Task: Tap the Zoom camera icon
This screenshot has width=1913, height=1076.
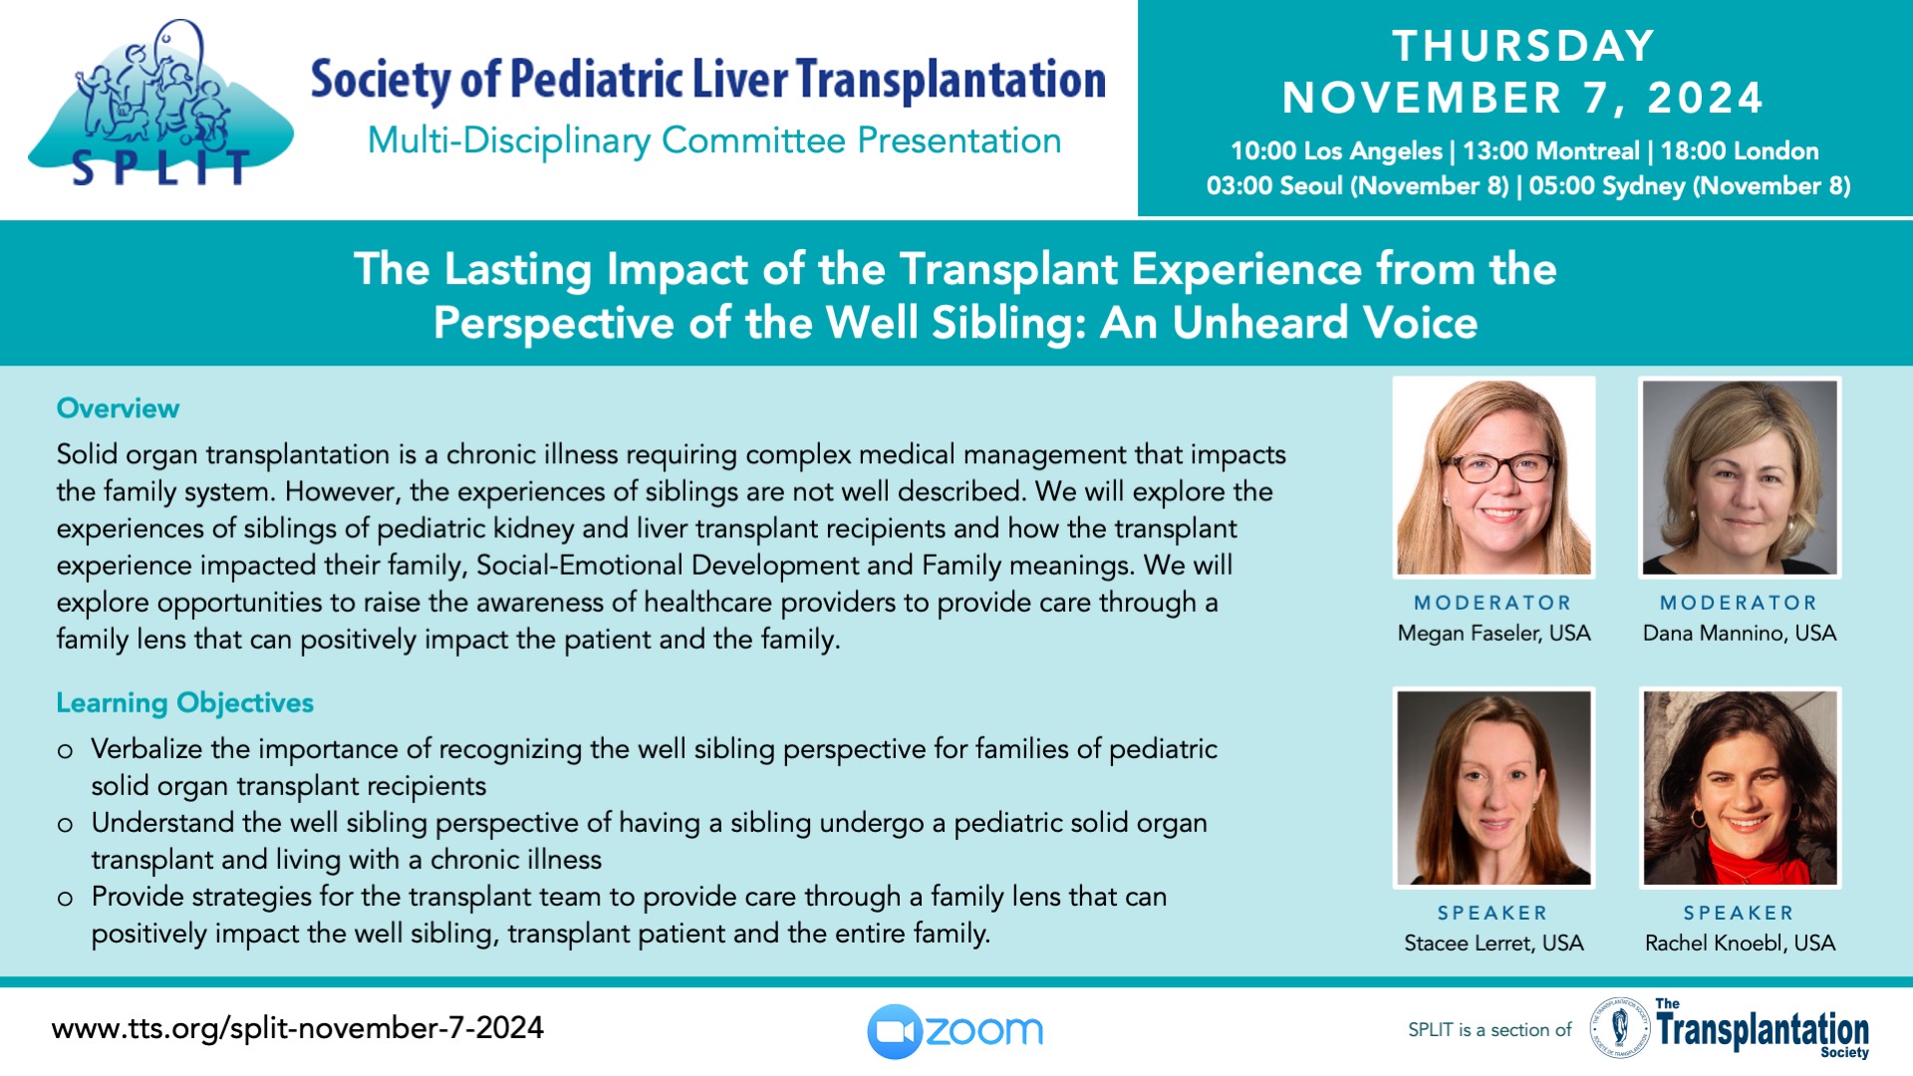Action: click(894, 1031)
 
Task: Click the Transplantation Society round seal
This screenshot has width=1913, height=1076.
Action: click(1619, 1028)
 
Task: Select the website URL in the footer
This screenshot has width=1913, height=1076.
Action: click(297, 1028)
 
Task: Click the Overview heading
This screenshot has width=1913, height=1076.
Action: click(118, 408)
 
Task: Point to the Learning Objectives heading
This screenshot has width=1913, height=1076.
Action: click(184, 703)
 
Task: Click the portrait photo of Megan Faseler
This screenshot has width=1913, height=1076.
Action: click(1494, 477)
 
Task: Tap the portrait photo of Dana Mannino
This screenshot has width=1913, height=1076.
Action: click(1740, 477)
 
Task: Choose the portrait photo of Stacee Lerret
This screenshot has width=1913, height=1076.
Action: click(1494, 787)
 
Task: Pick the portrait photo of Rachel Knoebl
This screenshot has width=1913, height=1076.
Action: click(1740, 787)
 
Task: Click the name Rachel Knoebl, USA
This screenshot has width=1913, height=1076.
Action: click(1740, 942)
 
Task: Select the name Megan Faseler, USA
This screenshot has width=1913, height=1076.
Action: click(1494, 633)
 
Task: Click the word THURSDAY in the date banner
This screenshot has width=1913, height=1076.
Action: click(1523, 46)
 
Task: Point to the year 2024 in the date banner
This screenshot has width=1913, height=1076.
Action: click(1706, 98)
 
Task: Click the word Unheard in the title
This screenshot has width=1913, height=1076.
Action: click(1259, 323)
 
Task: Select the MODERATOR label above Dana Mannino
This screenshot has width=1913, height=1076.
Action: click(1739, 603)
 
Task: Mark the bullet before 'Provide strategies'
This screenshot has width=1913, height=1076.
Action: click(65, 899)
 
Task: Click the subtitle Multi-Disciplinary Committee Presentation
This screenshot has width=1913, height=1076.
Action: click(714, 140)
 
